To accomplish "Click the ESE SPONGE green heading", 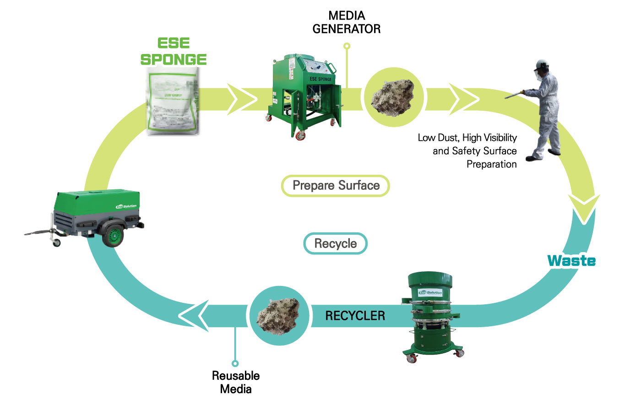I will [174, 51].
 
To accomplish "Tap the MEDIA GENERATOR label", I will [346, 22].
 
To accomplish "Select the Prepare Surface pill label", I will [336, 186].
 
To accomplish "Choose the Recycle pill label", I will [335, 243].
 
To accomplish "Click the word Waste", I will [571, 261].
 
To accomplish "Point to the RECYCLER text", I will [355, 316].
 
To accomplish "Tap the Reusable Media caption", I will [235, 382].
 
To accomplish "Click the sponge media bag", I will [173, 101].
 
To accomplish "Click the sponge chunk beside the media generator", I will [393, 97].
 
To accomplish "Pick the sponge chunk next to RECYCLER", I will [279, 316].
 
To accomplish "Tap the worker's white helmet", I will [543, 64].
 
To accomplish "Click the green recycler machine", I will [430, 316].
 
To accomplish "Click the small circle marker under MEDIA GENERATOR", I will [347, 46].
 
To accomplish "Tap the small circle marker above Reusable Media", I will [235, 363].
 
